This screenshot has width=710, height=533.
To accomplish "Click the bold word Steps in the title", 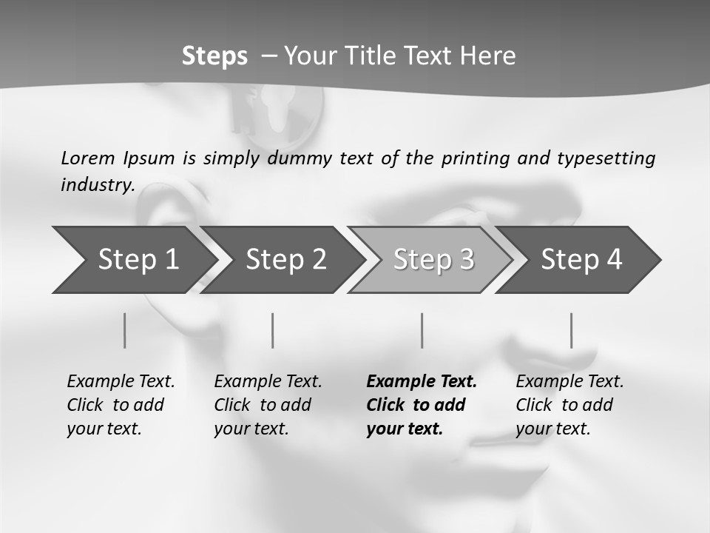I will tap(214, 56).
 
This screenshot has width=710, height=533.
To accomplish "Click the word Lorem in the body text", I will tap(88, 158).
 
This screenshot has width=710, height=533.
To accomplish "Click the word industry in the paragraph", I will tap(97, 185).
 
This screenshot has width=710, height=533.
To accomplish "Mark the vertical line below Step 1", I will tap(125, 330).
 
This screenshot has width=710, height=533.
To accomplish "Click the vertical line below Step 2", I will tap(273, 330).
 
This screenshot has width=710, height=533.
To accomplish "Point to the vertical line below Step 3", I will tap(422, 330).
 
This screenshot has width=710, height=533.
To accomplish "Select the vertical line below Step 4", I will tap(572, 330).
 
